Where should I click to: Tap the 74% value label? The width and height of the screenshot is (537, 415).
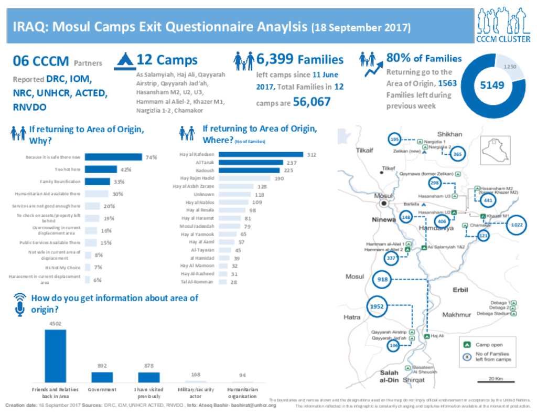(151, 157)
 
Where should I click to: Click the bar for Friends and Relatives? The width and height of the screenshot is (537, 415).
(56, 356)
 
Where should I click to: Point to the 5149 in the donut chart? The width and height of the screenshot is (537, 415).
(492, 84)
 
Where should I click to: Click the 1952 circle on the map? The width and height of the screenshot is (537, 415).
(377, 306)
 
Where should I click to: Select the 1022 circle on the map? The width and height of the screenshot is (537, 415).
(517, 225)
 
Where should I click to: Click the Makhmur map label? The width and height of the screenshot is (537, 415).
(457, 315)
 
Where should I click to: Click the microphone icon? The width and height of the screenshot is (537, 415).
(19, 304)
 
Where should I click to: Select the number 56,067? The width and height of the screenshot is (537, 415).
(312, 102)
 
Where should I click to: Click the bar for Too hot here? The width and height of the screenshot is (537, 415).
(101, 169)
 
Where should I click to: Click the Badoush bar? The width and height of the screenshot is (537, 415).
(249, 170)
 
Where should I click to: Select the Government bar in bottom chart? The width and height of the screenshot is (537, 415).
(102, 377)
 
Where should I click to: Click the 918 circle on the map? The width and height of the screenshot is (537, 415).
(383, 280)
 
